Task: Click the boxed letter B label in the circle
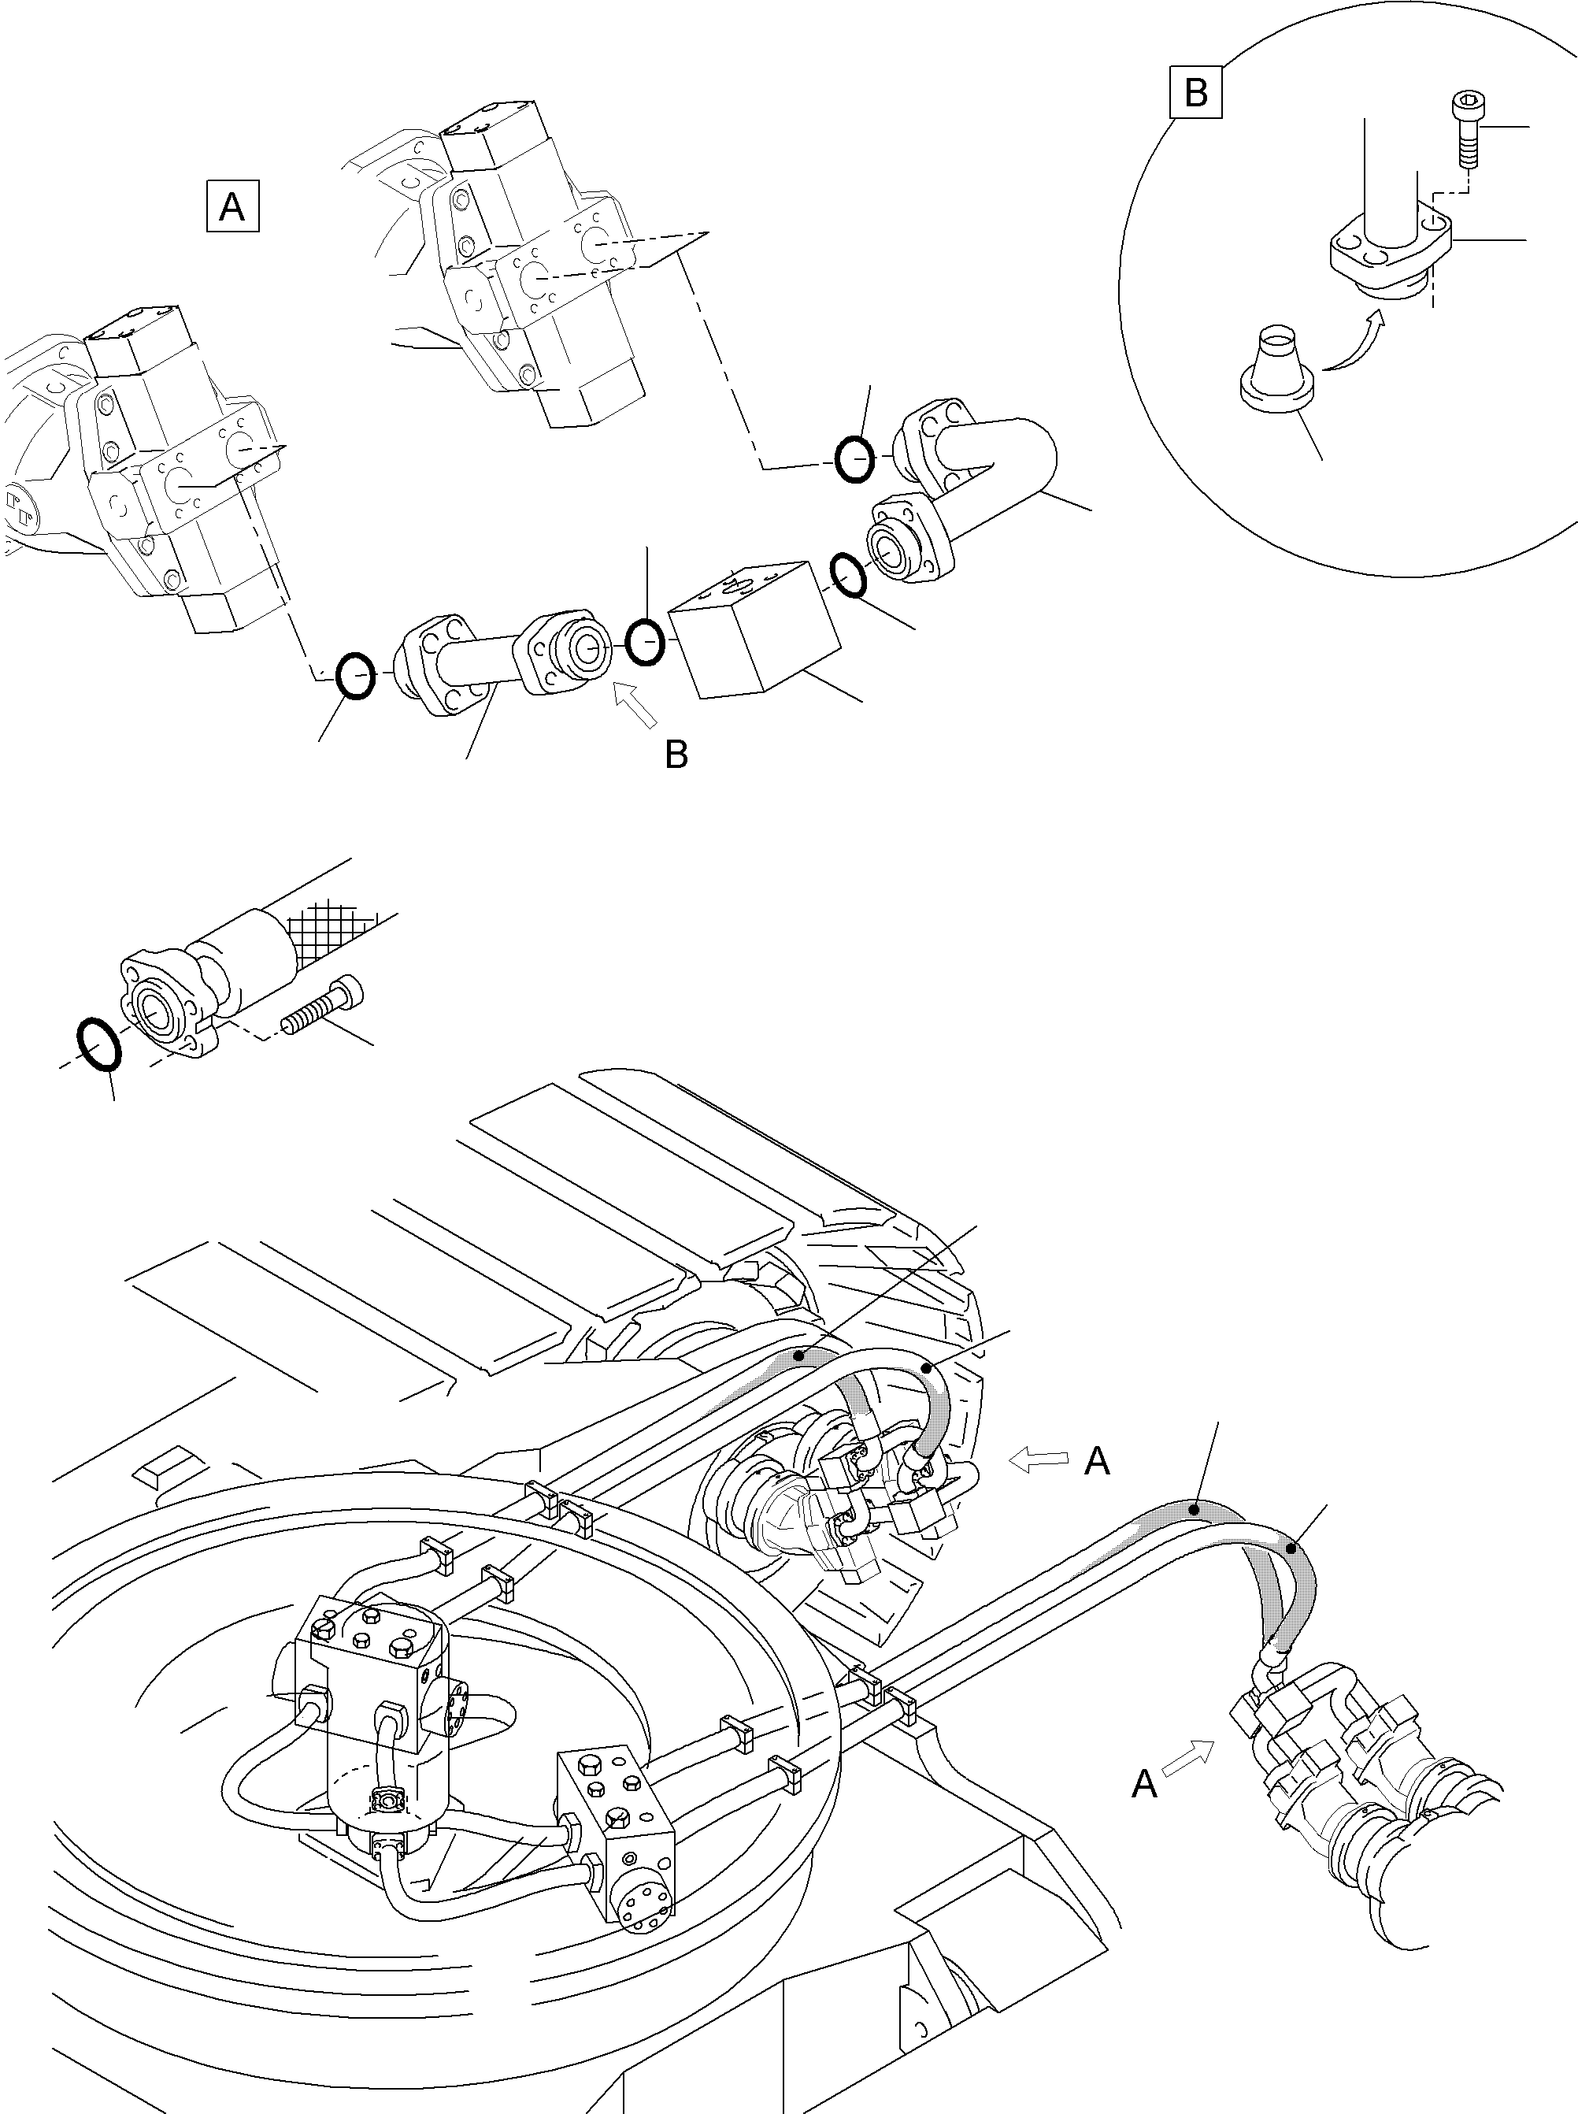pyautogui.click(x=1196, y=93)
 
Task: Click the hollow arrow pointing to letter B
pyautogui.click(x=635, y=704)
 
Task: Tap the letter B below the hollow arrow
pyautogui.click(x=676, y=755)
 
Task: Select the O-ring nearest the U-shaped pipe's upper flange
pyautogui.click(x=854, y=459)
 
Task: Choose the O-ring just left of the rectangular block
pyautogui.click(x=646, y=643)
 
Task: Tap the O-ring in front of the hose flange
pyautogui.click(x=98, y=1044)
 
